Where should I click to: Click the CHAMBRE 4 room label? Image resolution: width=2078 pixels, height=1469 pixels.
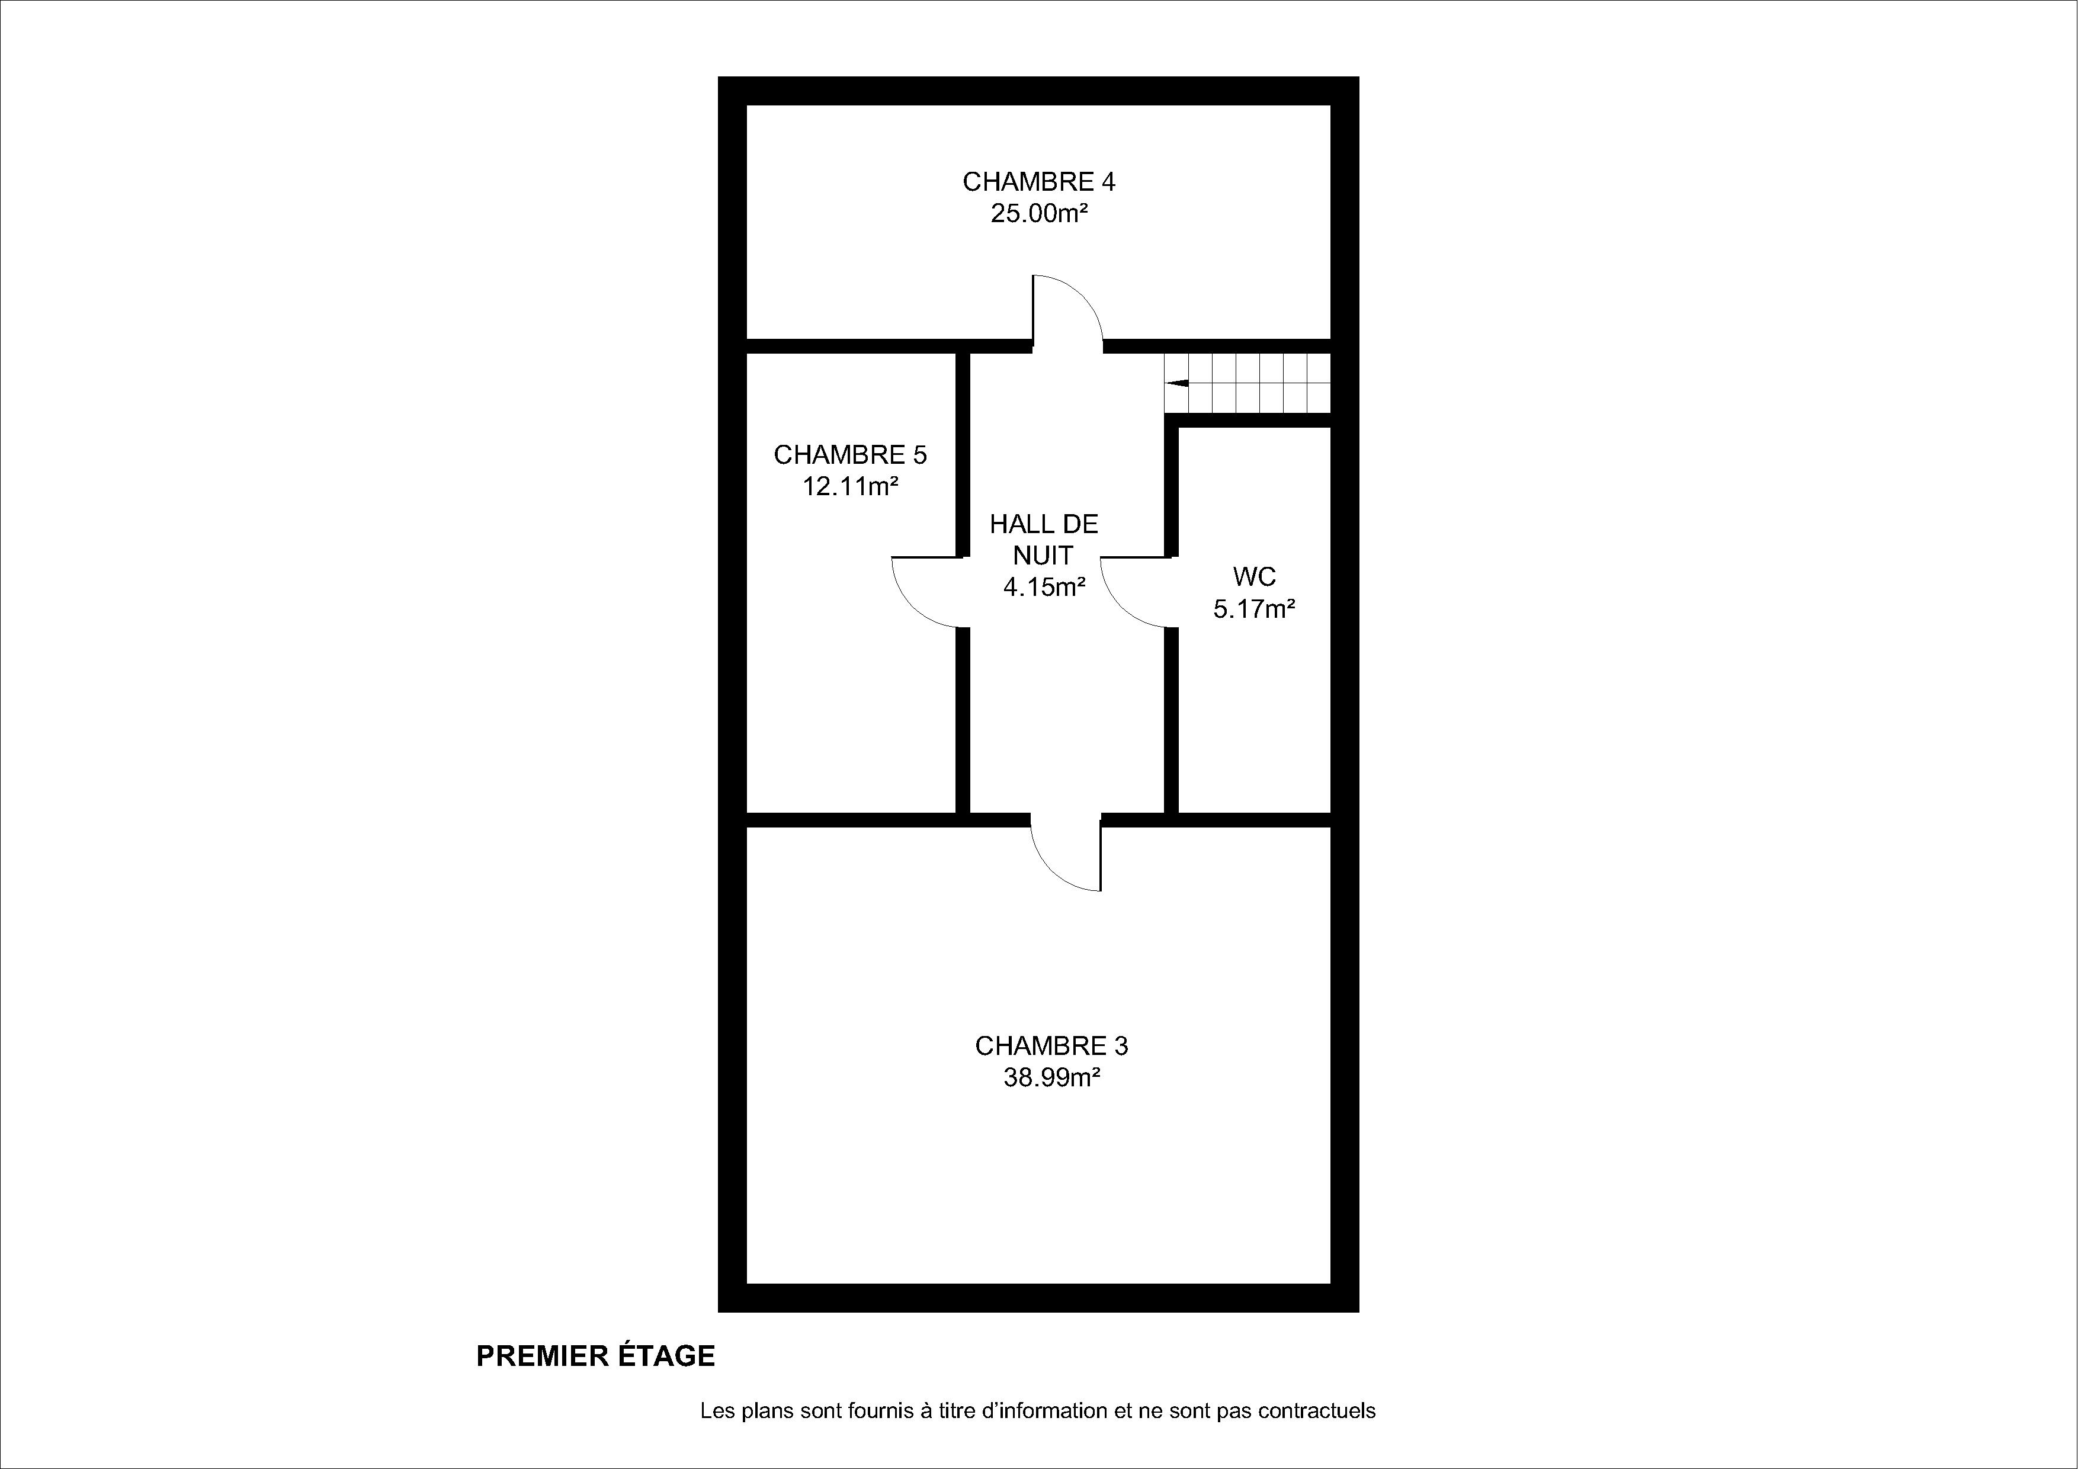click(x=1039, y=182)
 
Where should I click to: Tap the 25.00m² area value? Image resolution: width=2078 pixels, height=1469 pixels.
click(x=1039, y=214)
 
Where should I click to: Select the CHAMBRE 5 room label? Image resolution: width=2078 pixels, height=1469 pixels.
click(x=850, y=454)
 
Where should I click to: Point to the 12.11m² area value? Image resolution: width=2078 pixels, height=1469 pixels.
click(x=850, y=486)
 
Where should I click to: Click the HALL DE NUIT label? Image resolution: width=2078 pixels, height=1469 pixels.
click(x=1044, y=540)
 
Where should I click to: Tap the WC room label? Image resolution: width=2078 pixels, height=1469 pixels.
click(x=1255, y=576)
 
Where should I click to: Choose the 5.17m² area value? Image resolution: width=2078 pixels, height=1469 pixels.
click(x=1255, y=609)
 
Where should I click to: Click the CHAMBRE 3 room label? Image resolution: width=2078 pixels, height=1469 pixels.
click(x=1051, y=1046)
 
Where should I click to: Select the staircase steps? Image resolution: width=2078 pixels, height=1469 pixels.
click(x=1247, y=383)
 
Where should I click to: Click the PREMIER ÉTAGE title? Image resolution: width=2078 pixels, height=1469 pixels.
click(x=595, y=1356)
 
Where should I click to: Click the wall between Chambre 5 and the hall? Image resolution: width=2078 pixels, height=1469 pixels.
click(x=963, y=584)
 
